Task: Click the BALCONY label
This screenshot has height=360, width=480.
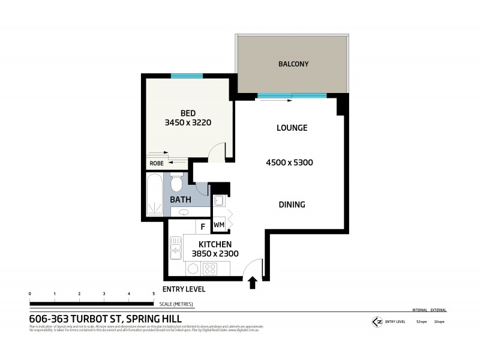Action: (x=293, y=64)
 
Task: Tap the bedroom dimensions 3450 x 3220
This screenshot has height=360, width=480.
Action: (x=188, y=122)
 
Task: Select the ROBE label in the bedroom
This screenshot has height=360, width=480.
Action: (x=156, y=163)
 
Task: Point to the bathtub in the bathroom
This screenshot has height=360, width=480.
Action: (x=155, y=195)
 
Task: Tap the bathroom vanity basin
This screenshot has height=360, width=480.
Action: (x=182, y=212)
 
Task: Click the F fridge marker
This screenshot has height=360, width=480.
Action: (x=203, y=227)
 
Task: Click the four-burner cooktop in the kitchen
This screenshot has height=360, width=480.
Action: (x=210, y=268)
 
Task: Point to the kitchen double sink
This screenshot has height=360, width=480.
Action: (x=176, y=248)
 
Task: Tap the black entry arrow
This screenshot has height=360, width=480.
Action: (x=253, y=282)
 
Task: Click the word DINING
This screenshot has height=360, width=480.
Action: (x=292, y=205)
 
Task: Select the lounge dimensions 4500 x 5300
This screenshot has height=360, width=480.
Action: (x=290, y=163)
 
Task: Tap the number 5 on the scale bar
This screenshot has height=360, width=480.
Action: (x=154, y=293)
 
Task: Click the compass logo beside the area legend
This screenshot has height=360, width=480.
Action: (x=377, y=322)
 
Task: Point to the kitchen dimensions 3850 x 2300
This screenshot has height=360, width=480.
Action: (x=215, y=254)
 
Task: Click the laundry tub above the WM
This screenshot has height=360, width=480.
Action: (x=219, y=200)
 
